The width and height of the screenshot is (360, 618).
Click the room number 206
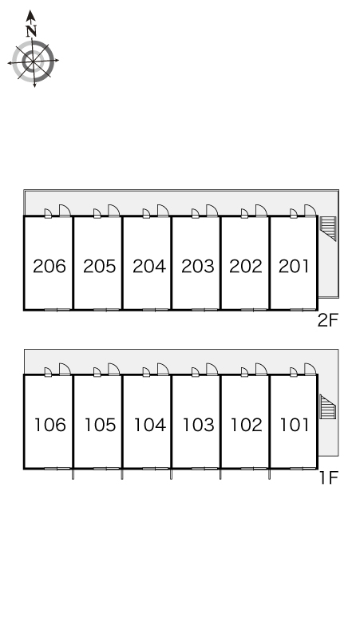49,267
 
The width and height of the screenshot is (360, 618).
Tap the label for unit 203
198,267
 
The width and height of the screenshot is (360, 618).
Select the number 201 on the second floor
294,267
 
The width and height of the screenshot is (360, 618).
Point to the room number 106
50,425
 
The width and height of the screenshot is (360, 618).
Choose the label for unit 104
150,425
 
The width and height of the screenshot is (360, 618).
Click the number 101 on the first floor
295,425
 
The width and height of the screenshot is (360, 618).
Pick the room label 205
100,267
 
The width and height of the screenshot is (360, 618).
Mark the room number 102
246,425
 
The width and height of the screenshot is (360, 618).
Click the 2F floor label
328,321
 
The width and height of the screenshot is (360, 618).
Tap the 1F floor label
330,478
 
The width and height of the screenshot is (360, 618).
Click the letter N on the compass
31,31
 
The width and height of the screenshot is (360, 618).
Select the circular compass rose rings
33,61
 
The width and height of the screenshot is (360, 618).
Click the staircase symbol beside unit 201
328,228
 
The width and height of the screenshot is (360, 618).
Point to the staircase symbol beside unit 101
328,406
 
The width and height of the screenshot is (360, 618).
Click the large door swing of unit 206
65,211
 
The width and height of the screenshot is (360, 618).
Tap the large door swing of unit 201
310,211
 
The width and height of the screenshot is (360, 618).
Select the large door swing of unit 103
212,370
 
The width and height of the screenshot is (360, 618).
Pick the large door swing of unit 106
65,370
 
